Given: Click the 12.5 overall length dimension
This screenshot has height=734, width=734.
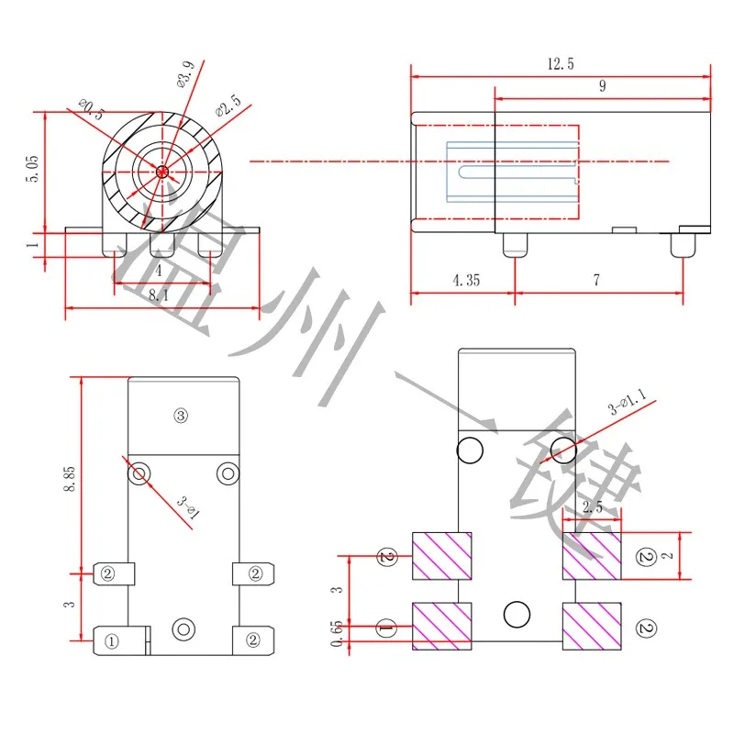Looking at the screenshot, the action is coord(561,64).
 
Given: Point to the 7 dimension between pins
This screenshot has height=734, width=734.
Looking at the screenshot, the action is coord(596,281).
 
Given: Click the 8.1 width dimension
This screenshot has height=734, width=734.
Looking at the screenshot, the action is coord(158,295).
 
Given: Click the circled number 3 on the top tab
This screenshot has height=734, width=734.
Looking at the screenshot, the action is coord(180,416).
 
